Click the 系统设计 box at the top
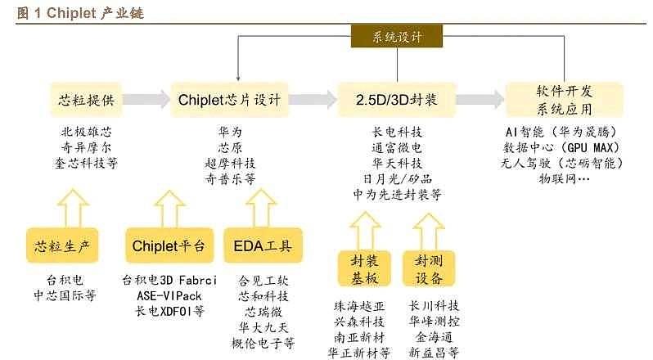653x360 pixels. pos(396,37)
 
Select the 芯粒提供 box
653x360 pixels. pos(86,100)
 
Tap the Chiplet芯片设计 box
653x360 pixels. pos(229,100)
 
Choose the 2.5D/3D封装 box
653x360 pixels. pos(397,100)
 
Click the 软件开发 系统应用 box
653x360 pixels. pos(565,100)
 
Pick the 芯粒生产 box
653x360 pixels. pos(62,245)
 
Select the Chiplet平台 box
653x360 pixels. pos(169,245)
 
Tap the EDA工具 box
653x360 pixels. pos(263,245)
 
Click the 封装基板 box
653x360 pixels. pos(364,269)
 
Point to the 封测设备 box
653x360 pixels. pos(429,269)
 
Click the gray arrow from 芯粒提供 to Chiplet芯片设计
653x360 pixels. pos(146,99)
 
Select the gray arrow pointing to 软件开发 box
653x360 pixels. pos(480,99)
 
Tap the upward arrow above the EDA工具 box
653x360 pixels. pos(261,208)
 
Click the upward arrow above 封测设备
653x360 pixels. pos(429,232)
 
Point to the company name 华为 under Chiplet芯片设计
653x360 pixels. pos(230,132)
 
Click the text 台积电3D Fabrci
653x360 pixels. pos(169,280)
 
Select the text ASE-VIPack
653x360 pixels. pos(169,296)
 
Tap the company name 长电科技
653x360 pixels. pos(397,132)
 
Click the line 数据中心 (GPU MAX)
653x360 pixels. pos(561,148)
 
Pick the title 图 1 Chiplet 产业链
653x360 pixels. pos(80,13)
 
